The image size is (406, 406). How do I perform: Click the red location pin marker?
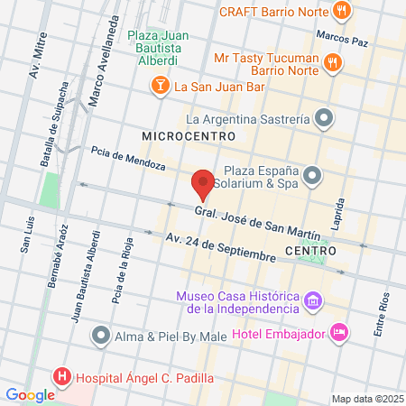203,184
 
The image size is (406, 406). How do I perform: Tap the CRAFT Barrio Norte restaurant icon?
340,11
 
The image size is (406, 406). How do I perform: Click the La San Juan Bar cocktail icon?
159,86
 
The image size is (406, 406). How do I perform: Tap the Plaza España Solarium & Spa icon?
312,175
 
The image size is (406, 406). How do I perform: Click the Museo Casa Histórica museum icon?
312,300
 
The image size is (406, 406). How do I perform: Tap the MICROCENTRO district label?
189,135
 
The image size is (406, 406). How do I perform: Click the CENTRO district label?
309,250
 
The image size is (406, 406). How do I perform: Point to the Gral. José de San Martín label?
257,221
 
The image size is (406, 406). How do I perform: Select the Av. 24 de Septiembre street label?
220,245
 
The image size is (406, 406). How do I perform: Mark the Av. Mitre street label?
37,58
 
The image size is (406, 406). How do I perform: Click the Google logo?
30,394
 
